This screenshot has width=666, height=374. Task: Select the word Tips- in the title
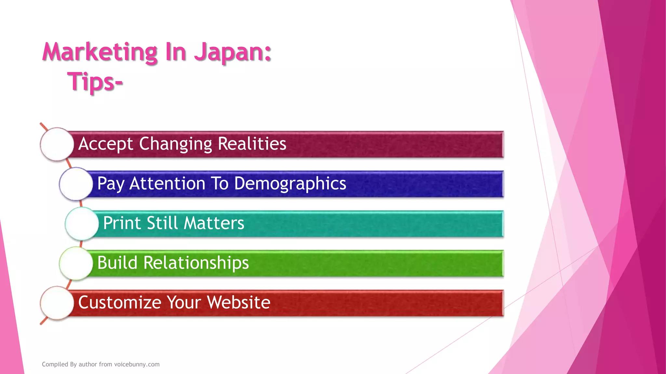(95, 81)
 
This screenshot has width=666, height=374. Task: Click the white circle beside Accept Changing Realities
(57, 144)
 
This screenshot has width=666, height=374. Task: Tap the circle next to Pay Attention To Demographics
(76, 184)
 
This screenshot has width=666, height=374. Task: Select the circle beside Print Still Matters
(82, 224)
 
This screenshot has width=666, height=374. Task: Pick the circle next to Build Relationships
(76, 263)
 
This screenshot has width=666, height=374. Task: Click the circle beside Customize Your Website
(57, 303)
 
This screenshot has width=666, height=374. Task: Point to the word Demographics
(290, 183)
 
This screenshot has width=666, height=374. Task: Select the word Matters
(214, 223)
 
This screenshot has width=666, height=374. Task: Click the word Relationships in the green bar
(196, 263)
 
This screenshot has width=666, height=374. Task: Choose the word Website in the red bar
(239, 302)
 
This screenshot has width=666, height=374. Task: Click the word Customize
(120, 302)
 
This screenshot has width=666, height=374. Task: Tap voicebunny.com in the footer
(137, 364)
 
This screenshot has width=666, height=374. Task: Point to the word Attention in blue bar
(167, 183)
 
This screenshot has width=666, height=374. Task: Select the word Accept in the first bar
(106, 144)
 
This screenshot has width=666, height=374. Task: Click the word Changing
(176, 144)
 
